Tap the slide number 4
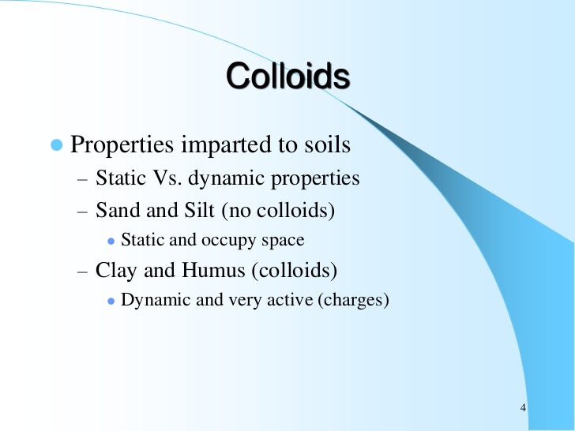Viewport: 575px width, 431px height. pos(524,408)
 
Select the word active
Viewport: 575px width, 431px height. pos(289,300)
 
